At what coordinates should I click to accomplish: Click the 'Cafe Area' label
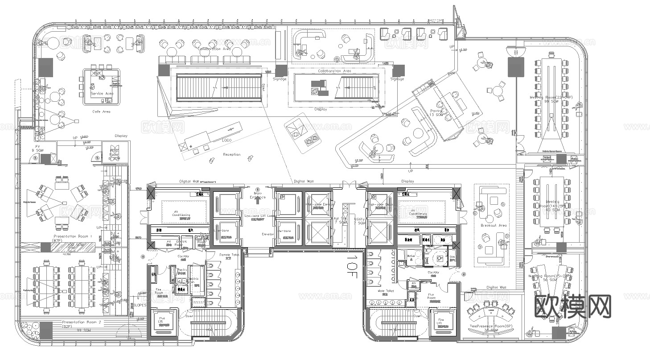(101, 112)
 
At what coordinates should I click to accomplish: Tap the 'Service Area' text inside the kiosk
(102, 94)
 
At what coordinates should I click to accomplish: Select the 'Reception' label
(231, 154)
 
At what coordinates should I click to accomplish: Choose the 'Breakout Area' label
(494, 225)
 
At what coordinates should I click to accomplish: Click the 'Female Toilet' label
(229, 255)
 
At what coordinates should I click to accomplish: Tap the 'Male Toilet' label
(386, 291)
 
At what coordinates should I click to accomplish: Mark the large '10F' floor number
(352, 267)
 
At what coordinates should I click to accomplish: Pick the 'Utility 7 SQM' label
(359, 220)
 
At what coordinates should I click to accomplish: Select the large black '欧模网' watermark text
(572, 307)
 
